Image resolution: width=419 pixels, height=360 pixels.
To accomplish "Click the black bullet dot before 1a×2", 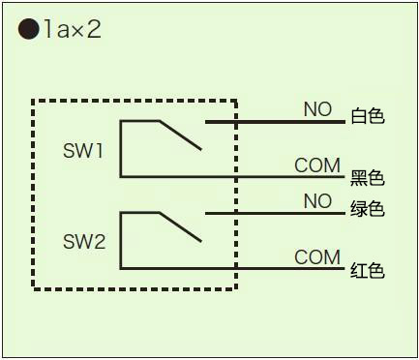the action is pyautogui.click(x=29, y=29).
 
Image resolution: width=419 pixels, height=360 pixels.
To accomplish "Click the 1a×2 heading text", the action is pyautogui.click(x=73, y=29).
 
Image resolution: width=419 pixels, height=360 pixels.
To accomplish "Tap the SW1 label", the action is pyautogui.click(x=83, y=150).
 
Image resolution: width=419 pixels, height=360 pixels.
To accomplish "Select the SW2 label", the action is pyautogui.click(x=84, y=242).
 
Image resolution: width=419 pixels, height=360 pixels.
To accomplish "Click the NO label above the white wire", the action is pyautogui.click(x=317, y=109).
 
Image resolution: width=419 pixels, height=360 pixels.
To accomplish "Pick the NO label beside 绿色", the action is pyautogui.click(x=317, y=201).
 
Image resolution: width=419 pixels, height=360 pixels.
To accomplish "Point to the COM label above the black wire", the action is pyautogui.click(x=317, y=165).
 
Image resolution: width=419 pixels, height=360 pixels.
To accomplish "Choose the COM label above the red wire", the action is pyautogui.click(x=317, y=257).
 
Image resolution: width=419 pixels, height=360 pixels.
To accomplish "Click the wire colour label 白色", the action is pyautogui.click(x=368, y=116).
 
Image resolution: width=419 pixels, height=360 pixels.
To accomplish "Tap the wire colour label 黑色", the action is pyautogui.click(x=368, y=178).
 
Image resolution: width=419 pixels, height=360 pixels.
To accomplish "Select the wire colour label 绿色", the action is pyautogui.click(x=368, y=208).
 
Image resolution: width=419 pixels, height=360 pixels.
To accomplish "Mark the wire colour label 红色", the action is pyautogui.click(x=368, y=270).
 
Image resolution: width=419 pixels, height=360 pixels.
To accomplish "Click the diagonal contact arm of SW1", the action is pyautogui.click(x=180, y=135).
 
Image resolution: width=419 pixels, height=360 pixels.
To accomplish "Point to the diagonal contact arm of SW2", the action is pyautogui.click(x=180, y=227).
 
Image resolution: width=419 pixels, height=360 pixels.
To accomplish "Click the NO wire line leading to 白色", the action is pyautogui.click(x=275, y=122).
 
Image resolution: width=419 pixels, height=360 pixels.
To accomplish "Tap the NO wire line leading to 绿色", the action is pyautogui.click(x=275, y=213).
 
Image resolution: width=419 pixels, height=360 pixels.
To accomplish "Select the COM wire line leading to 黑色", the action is pyautogui.click(x=232, y=177).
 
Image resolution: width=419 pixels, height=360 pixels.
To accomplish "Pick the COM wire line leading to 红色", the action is pyautogui.click(x=232, y=268).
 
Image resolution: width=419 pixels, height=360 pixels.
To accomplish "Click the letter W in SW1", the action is pyautogui.click(x=86, y=150).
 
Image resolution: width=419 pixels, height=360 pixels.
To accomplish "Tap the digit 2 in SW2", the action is pyautogui.click(x=100, y=242).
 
